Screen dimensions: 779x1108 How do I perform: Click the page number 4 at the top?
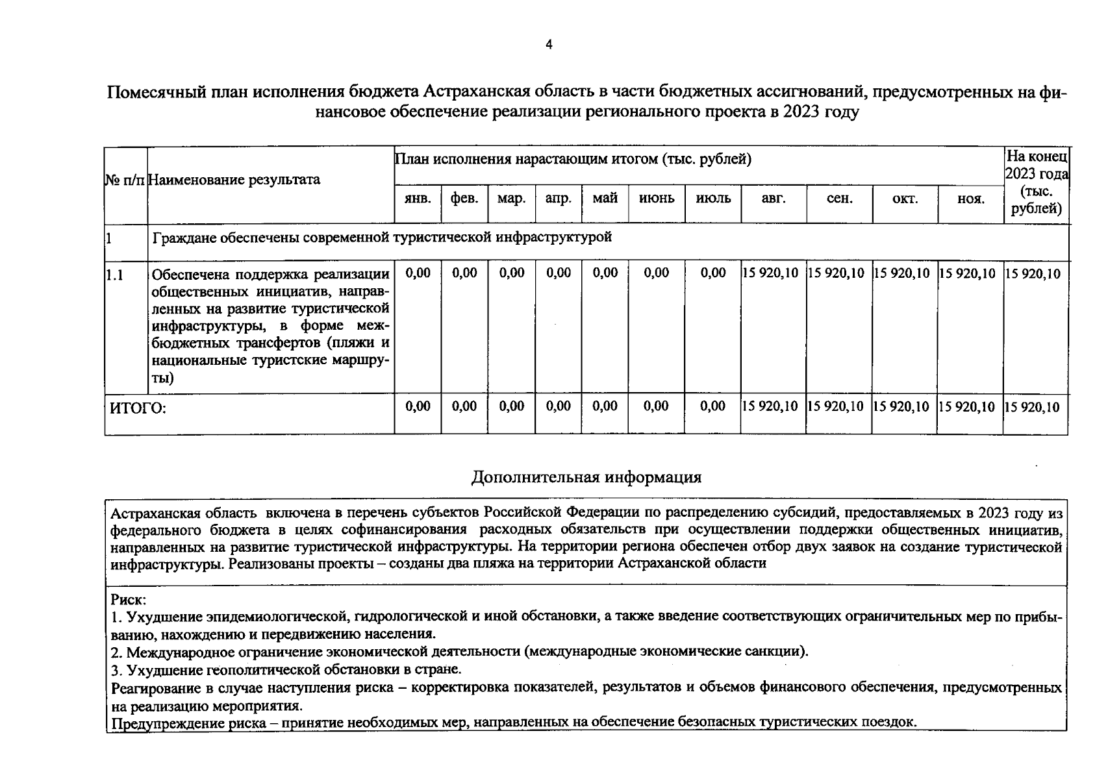[549, 45]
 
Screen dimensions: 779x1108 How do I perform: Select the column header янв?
[418, 199]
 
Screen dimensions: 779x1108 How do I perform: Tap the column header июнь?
[657, 199]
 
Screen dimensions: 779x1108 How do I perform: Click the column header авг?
[773, 199]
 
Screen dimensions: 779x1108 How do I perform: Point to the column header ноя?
[970, 199]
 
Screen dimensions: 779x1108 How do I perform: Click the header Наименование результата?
[234, 180]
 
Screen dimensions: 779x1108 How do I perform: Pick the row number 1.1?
[115, 275]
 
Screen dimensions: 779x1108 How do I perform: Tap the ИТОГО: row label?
[138, 408]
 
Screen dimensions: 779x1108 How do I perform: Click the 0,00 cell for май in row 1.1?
[605, 273]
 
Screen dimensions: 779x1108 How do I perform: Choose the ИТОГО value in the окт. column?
[903, 407]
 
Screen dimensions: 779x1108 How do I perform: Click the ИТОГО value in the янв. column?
[418, 406]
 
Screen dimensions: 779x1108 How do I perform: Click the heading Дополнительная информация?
[586, 477]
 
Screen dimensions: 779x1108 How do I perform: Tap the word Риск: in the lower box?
[129, 599]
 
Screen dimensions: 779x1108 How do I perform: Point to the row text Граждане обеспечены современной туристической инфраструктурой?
[382, 238]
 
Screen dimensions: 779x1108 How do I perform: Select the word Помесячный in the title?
[156, 93]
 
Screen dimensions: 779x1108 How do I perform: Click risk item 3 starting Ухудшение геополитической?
[286, 669]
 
